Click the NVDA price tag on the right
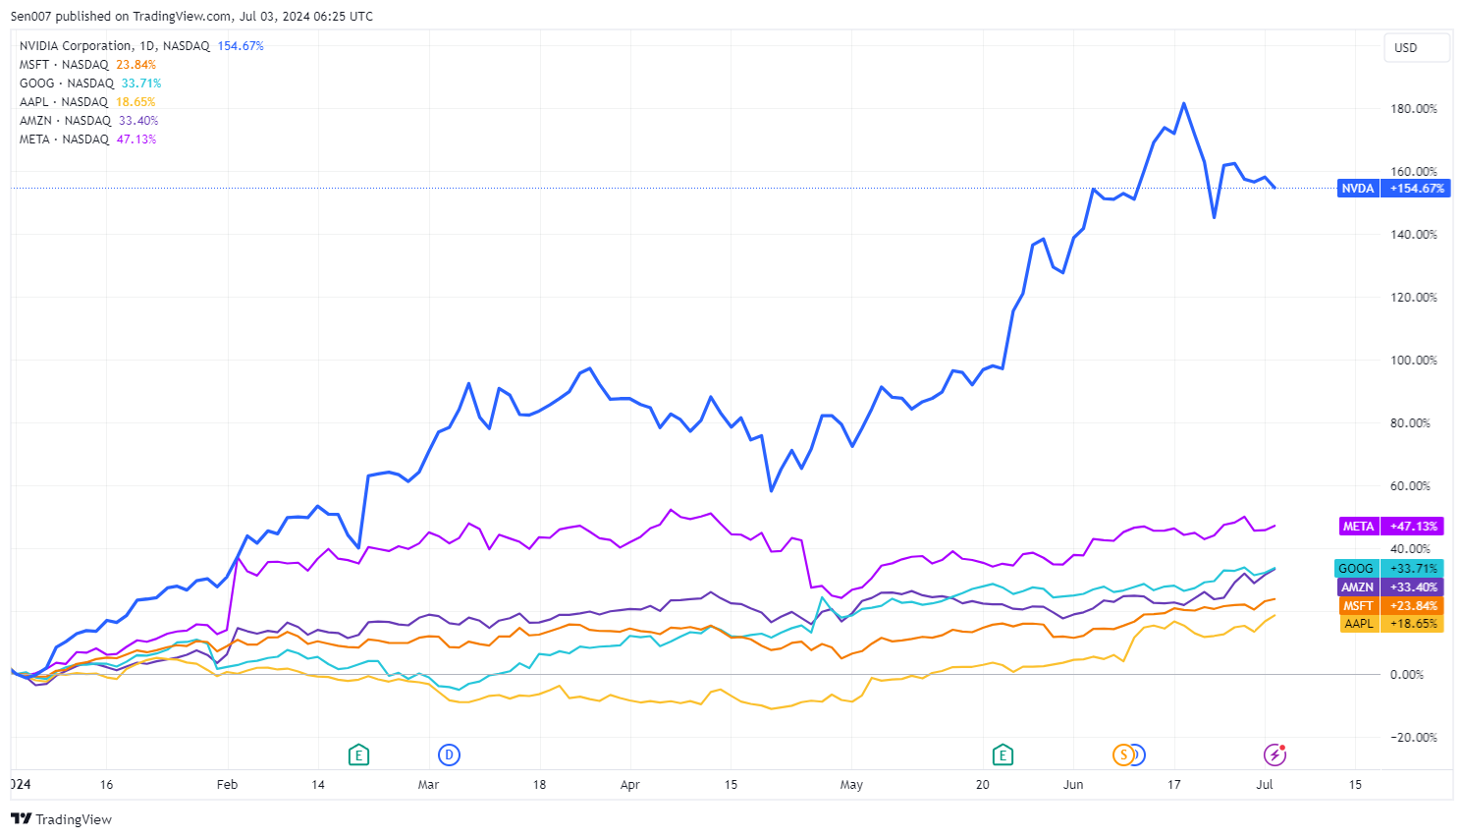[x=1391, y=189]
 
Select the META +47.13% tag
[x=1391, y=527]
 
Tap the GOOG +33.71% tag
[x=1389, y=569]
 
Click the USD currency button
[x=1406, y=48]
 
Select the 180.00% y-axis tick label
[x=1413, y=109]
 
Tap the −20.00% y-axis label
[x=1413, y=738]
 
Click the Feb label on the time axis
[x=227, y=785]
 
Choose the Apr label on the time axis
[x=630, y=785]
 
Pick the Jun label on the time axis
[x=1073, y=785]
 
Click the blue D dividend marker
[x=449, y=754]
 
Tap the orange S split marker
[x=1123, y=754]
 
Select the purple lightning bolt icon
[x=1274, y=754]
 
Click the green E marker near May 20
[x=1003, y=754]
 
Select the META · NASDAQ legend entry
[x=64, y=140]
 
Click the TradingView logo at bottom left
[x=62, y=819]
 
